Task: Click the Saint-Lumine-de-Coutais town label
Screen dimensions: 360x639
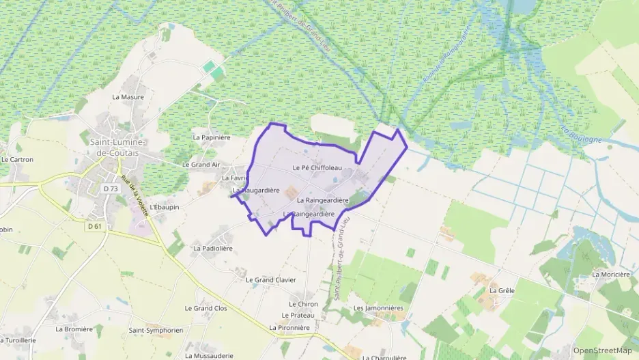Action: [118, 148]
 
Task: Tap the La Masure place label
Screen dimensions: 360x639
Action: [128, 97]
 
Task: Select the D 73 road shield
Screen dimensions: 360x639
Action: [110, 188]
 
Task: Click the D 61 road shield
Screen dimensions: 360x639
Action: [94, 226]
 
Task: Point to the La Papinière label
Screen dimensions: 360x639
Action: [212, 137]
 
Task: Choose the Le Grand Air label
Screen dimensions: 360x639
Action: [201, 165]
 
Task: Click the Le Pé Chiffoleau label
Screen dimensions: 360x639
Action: [316, 168]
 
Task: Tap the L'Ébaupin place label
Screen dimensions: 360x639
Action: [163, 206]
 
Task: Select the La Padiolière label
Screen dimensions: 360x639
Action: [213, 249]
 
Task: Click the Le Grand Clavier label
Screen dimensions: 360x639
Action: [270, 280]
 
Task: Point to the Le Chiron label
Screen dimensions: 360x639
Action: [303, 304]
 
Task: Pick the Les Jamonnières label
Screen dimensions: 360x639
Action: [378, 308]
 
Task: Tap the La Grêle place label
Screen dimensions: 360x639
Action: [502, 290]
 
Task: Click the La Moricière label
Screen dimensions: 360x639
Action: [611, 275]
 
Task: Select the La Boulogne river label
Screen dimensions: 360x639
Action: [582, 135]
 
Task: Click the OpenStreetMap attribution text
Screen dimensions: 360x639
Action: [603, 350]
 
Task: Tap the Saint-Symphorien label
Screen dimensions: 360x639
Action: [156, 331]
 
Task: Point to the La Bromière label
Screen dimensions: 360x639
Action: [74, 329]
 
